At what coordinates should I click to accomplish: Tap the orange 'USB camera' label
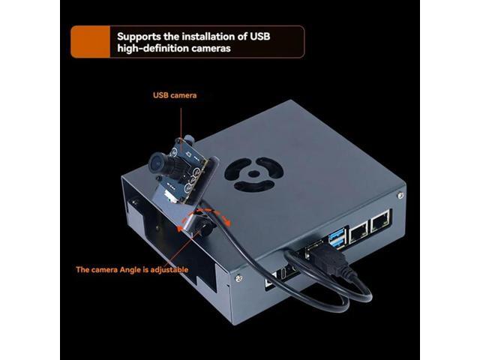click(175, 95)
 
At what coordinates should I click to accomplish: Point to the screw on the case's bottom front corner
click(238, 278)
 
